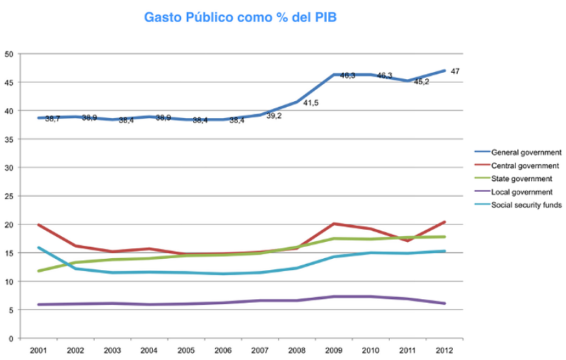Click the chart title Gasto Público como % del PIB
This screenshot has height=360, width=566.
(x=240, y=16)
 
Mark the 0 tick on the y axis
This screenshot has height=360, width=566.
(x=11, y=339)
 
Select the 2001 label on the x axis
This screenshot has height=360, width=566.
(x=38, y=349)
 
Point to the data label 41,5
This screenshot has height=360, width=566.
(x=312, y=103)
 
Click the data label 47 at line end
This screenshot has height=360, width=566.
(x=455, y=71)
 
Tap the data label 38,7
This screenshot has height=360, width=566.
(x=52, y=119)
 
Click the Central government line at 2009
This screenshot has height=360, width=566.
(x=333, y=223)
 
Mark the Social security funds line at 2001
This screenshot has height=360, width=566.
(x=39, y=248)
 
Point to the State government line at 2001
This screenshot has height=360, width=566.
(x=39, y=271)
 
